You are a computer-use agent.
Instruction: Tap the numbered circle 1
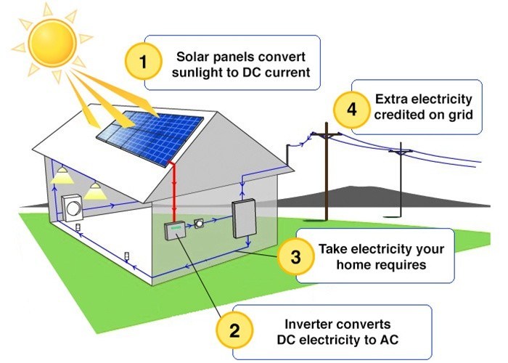[143, 63]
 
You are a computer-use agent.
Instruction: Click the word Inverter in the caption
[308, 323]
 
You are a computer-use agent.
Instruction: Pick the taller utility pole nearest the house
[326, 174]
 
